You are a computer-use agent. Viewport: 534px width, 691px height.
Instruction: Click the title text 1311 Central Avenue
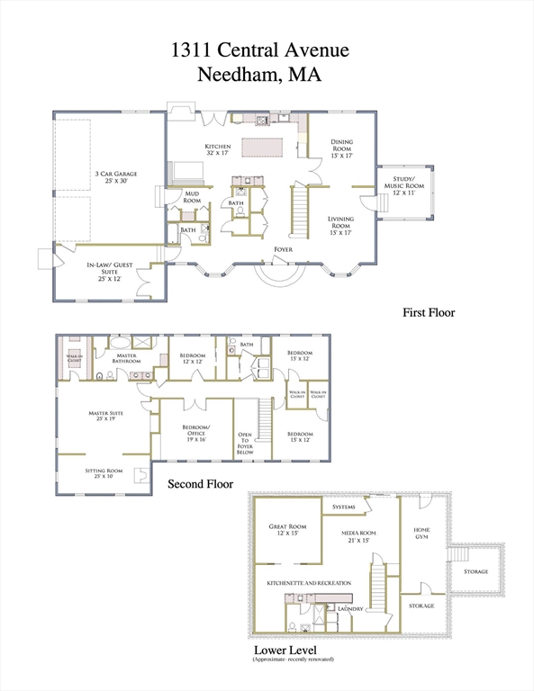pyautogui.click(x=267, y=49)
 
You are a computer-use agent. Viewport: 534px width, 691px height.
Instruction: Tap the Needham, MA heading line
pyautogui.click(x=267, y=76)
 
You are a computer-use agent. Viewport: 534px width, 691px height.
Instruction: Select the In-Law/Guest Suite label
pyautogui.click(x=110, y=273)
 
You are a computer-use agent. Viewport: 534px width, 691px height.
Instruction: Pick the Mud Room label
pyautogui.click(x=192, y=197)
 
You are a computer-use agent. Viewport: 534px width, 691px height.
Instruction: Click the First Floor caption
pyautogui.click(x=429, y=313)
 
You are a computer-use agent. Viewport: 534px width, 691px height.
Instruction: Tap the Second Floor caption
pyautogui.click(x=201, y=484)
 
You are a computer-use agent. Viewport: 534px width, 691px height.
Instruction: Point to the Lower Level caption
pyautogui.click(x=285, y=650)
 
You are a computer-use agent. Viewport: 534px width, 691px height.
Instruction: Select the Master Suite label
pyautogui.click(x=105, y=417)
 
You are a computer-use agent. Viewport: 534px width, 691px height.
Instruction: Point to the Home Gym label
pyautogui.click(x=421, y=532)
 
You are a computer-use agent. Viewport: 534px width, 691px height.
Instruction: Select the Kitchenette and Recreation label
pyautogui.click(x=309, y=583)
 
